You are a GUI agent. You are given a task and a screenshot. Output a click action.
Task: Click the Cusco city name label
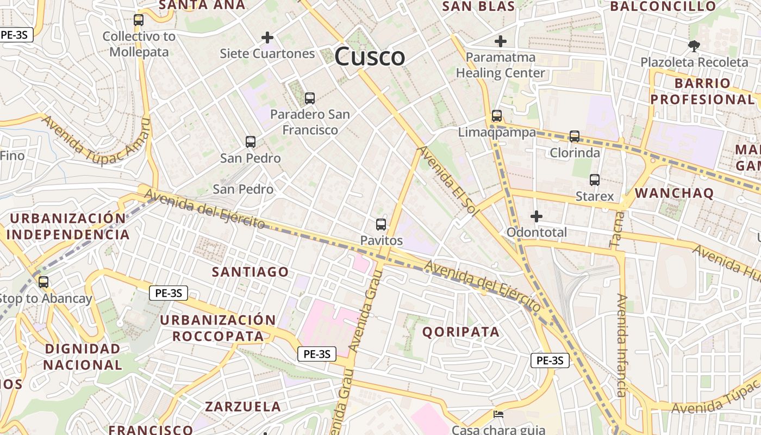coord(370,57)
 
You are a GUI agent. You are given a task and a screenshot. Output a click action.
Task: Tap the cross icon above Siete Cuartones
coord(267,38)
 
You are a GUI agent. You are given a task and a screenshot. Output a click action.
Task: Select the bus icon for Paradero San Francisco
coord(310,98)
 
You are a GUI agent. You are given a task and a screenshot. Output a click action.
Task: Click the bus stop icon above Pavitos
coord(381,224)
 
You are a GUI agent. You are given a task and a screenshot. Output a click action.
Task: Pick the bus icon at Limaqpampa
coord(497,116)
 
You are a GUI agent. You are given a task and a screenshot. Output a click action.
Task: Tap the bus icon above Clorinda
coord(575,136)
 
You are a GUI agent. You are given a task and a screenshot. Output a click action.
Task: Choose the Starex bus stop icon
coord(595,180)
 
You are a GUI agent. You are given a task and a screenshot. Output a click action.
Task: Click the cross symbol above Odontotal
coord(537,216)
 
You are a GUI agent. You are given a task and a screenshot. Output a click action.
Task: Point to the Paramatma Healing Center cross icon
coord(501,41)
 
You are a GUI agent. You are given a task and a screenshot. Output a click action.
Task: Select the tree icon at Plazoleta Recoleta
coord(694,46)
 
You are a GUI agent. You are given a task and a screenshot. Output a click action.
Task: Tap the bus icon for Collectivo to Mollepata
coord(139,20)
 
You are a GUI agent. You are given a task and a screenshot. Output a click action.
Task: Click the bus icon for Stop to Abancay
coord(43,282)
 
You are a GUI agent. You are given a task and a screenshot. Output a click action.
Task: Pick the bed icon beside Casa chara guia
coord(498,414)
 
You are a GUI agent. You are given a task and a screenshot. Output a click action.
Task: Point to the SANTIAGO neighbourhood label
coord(251,272)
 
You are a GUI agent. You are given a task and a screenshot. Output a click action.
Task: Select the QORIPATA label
coord(461,332)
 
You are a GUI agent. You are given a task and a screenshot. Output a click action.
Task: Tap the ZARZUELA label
coord(243,406)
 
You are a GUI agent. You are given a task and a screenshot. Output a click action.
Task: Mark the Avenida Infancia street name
coord(621,345)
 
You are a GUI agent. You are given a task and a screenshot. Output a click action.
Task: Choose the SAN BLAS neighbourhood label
coord(478,7)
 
